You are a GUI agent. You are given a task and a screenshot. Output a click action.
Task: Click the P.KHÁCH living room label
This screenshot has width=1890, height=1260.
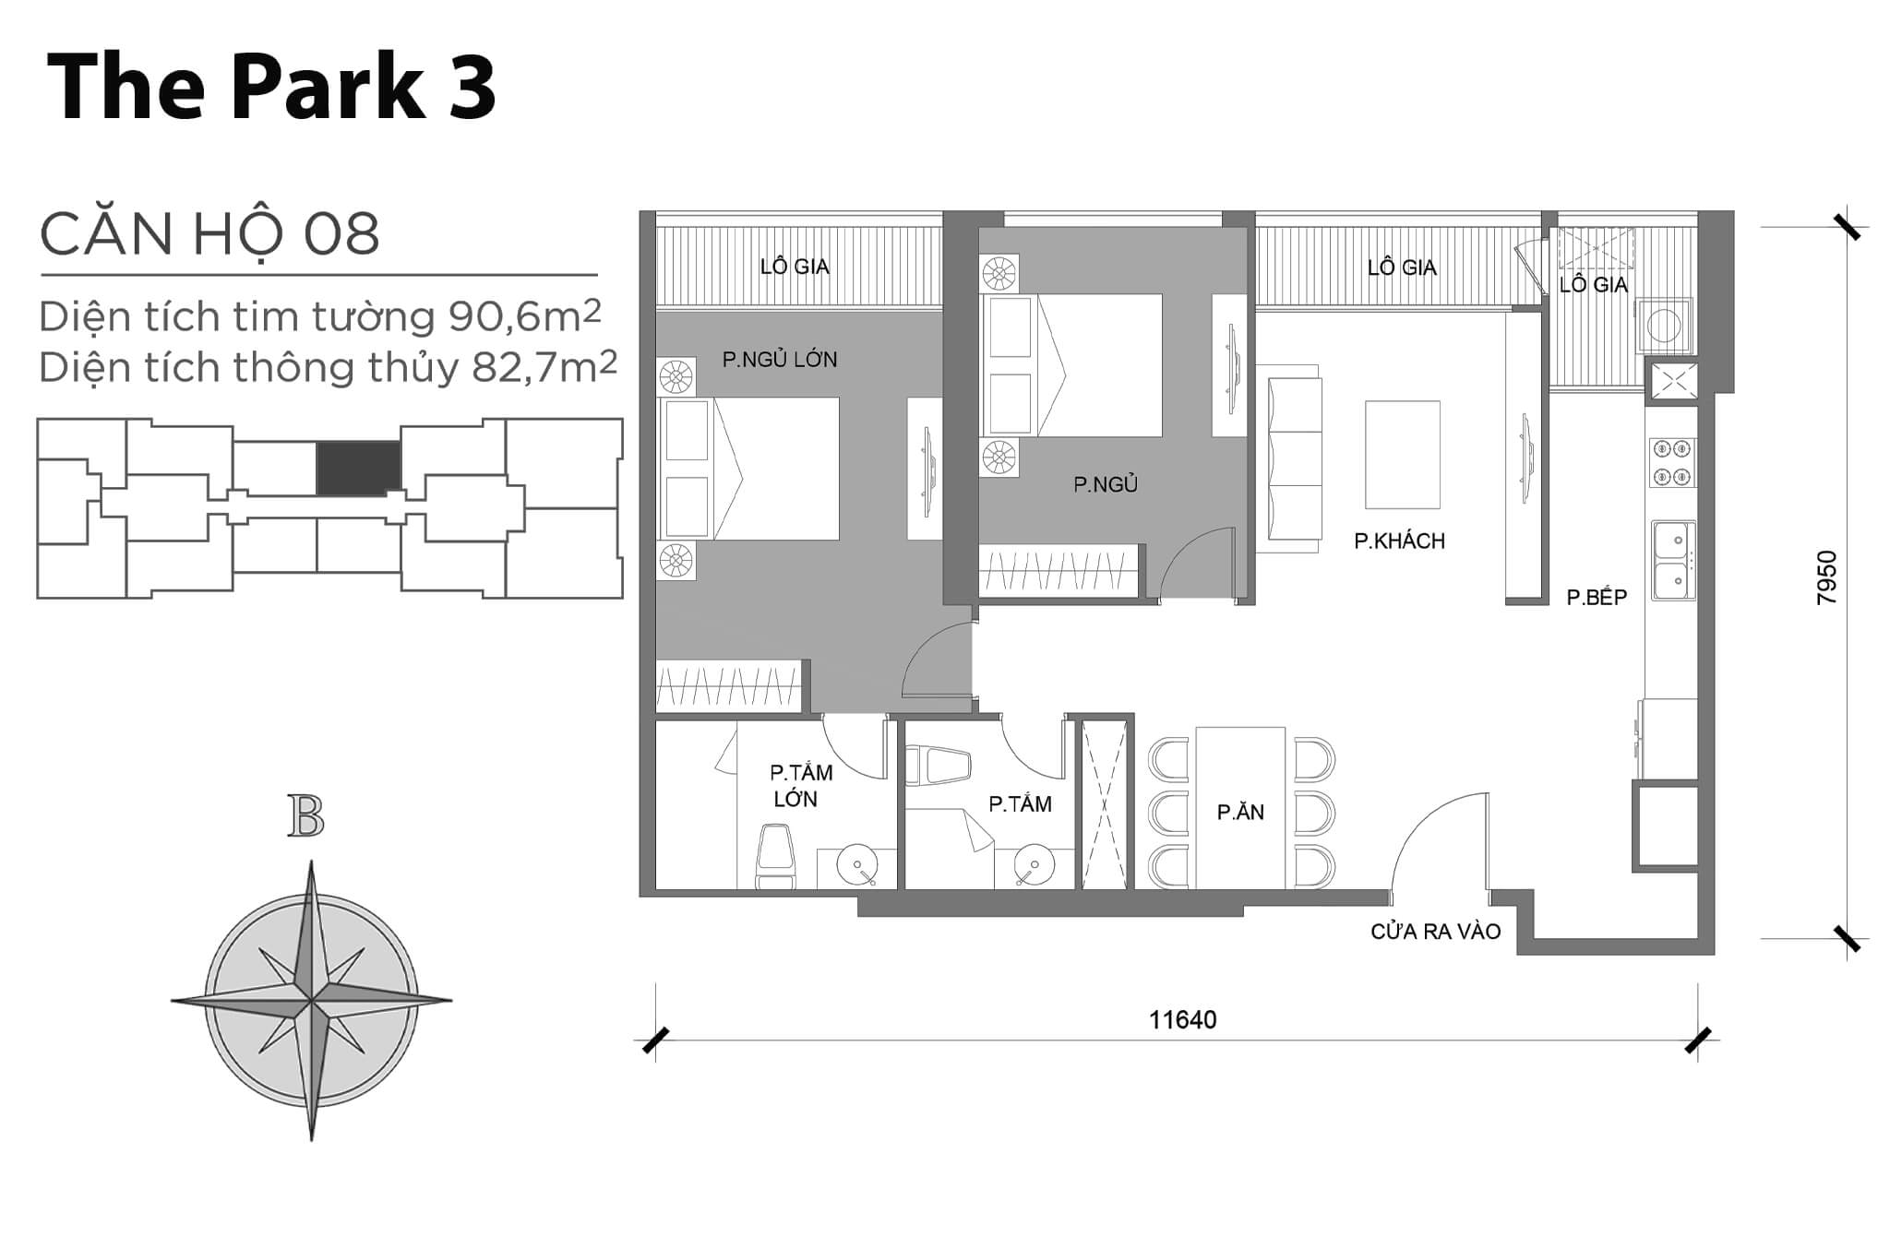[x=1399, y=541]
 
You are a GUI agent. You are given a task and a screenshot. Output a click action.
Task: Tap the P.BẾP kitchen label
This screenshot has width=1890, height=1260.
[x=1597, y=597]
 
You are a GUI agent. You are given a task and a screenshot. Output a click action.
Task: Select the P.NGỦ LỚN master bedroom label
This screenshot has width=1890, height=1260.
[x=780, y=360]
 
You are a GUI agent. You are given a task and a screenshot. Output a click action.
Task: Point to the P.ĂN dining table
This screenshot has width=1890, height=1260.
[x=1240, y=808]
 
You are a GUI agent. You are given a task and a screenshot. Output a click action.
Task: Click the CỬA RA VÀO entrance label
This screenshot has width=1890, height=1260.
[x=1436, y=932]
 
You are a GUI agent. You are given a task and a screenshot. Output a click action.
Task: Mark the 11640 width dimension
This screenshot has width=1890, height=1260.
[x=1182, y=1019]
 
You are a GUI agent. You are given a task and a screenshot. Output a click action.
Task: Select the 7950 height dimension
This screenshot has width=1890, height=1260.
[x=1826, y=577]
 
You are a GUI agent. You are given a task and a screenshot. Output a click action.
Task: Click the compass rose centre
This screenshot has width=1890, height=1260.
[x=312, y=1001]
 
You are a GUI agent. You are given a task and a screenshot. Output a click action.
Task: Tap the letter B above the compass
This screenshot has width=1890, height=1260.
[x=305, y=815]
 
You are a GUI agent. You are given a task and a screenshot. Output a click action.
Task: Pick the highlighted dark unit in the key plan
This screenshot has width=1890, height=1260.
[x=358, y=468]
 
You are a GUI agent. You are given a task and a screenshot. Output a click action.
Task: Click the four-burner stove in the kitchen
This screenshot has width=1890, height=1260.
[x=1673, y=463]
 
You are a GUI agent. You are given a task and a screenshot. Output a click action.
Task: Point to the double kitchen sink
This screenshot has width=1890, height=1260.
[x=1673, y=561]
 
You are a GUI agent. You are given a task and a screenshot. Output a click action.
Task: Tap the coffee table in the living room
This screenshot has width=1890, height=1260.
[x=1403, y=455]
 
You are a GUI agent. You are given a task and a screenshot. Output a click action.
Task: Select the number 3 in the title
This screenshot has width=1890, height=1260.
[x=472, y=88]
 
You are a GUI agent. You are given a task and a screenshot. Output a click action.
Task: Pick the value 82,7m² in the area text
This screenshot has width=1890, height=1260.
[x=544, y=367]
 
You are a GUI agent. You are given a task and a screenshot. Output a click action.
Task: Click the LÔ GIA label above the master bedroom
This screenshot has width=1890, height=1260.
[x=795, y=267]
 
